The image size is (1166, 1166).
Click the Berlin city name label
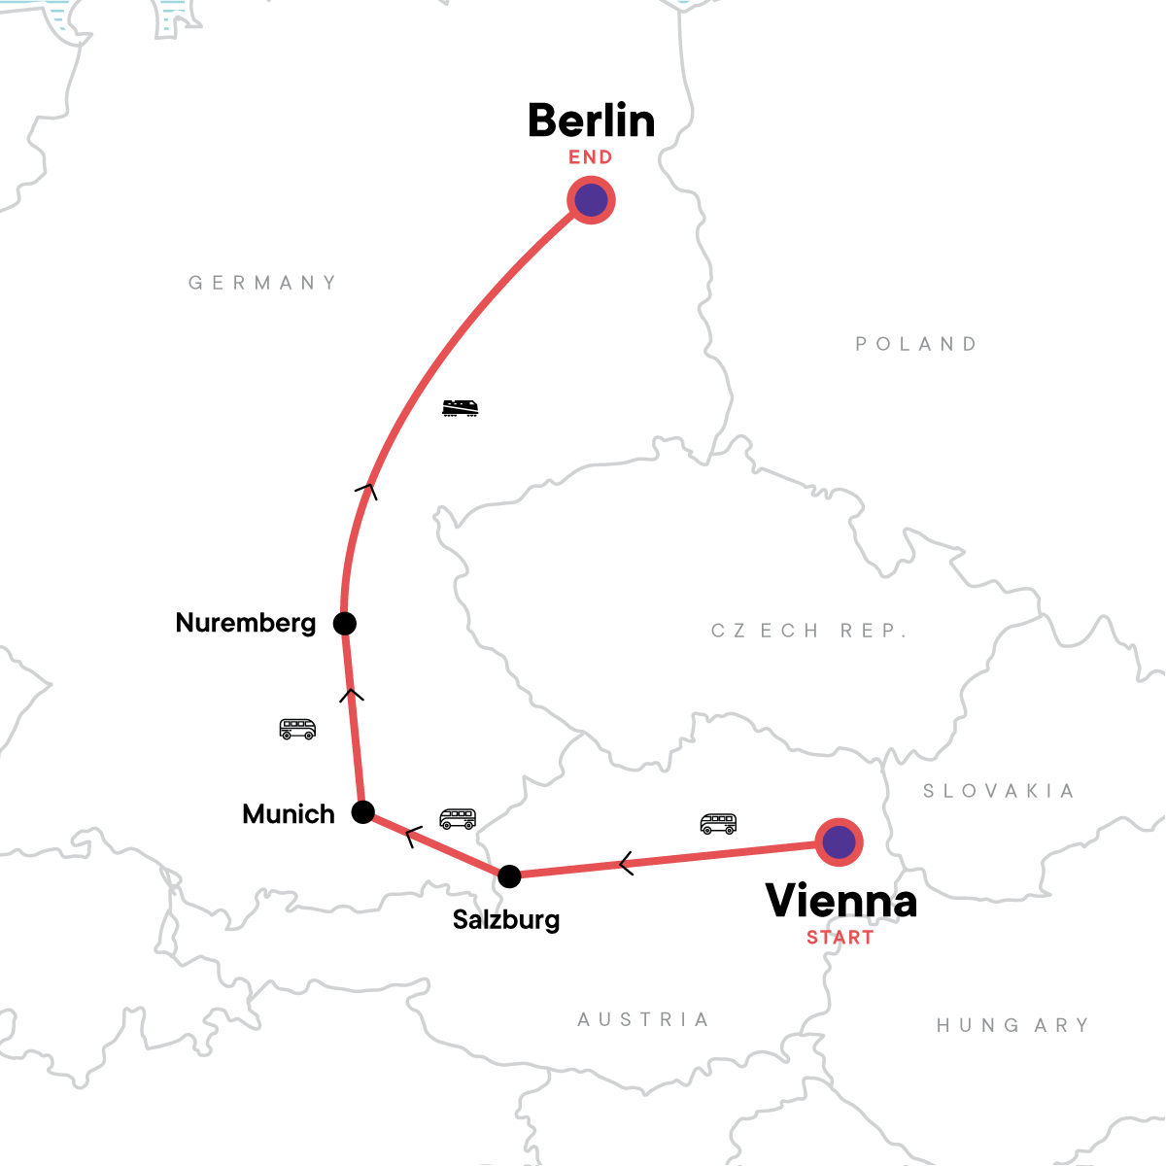[x=591, y=121]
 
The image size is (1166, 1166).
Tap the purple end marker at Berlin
[x=591, y=200]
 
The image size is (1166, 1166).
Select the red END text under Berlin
[x=591, y=157]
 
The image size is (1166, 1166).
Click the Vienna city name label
[x=840, y=901]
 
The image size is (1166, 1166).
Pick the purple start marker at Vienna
[x=839, y=841]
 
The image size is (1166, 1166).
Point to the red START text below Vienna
[x=840, y=938]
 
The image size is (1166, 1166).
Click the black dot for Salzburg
[x=509, y=875]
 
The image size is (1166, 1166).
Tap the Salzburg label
[x=505, y=919]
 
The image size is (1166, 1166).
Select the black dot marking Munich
[x=362, y=811]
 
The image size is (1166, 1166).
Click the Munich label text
[x=288, y=814]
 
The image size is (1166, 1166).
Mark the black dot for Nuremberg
[x=345, y=623]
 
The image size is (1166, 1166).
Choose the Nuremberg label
[x=245, y=623]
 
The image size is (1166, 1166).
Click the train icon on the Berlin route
[x=460, y=408]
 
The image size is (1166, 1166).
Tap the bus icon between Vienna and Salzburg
[x=718, y=824]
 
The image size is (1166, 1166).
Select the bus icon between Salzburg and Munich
[x=458, y=819]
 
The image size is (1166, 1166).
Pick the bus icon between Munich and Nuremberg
[x=297, y=729]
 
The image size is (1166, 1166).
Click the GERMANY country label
[x=262, y=283]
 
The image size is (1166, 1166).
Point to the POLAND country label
[x=916, y=344]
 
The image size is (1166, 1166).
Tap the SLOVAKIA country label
[x=998, y=791]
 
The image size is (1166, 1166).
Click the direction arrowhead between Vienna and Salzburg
[x=626, y=863]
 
